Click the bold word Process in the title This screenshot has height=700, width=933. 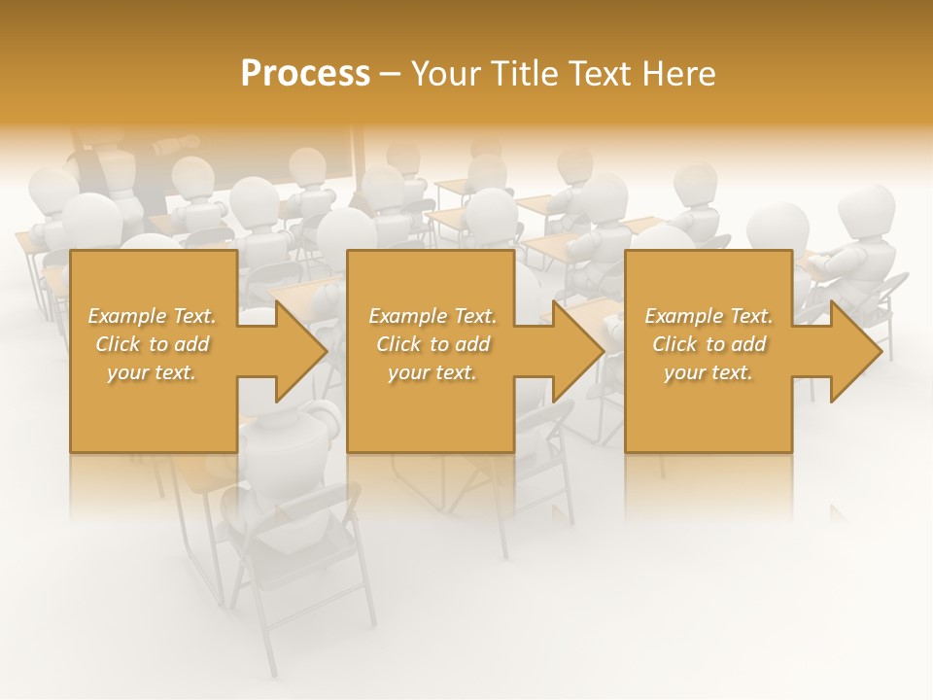click(305, 74)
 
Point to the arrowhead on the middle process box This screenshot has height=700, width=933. click(577, 352)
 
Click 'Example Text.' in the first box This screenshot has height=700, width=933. click(152, 316)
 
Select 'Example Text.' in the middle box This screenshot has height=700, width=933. click(432, 316)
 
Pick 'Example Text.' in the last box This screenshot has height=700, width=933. click(708, 316)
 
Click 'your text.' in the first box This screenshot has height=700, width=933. click(152, 372)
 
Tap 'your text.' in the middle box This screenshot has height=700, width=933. click(432, 372)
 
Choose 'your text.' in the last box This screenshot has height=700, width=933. click(708, 372)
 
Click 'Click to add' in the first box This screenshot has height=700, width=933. click(152, 344)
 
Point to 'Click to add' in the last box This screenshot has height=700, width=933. click(708, 344)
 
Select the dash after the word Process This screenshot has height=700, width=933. click(391, 75)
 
